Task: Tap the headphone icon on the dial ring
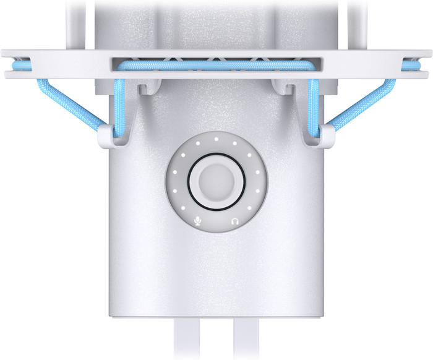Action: [234, 221]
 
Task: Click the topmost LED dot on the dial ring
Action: [216, 139]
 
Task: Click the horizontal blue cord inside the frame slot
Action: [216, 64]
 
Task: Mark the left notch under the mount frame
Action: [144, 88]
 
